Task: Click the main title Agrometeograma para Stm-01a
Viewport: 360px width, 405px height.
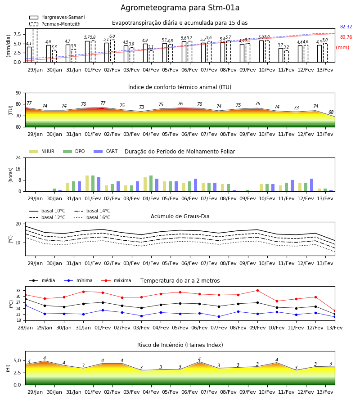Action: pyautogui.click(x=180, y=8)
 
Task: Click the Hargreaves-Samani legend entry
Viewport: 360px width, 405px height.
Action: pyautogui.click(x=57, y=17)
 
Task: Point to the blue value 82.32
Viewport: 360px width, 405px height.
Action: pyautogui.click(x=346, y=27)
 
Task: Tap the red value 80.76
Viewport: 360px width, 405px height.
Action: pyautogui.click(x=346, y=37)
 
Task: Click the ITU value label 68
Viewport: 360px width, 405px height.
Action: pyautogui.click(x=331, y=112)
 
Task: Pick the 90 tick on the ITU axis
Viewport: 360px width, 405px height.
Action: pyautogui.click(x=18, y=93)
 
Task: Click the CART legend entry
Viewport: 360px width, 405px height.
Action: pyautogui.click(x=105, y=151)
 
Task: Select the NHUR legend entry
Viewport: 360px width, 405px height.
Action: pyautogui.click(x=42, y=151)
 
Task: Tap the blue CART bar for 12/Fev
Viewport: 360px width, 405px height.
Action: pyautogui.click(x=312, y=185)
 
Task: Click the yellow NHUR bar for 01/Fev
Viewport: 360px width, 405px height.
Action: pyautogui.click(x=87, y=184)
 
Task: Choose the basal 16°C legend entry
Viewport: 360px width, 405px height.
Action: pyautogui.click(x=92, y=217)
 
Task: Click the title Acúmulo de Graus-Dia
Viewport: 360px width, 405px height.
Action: pyautogui.click(x=180, y=216)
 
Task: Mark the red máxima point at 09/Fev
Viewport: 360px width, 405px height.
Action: pyautogui.click(x=257, y=291)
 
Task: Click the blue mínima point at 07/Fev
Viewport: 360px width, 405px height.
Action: pyautogui.click(x=219, y=317)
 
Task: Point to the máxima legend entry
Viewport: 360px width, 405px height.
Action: pyautogui.click(x=116, y=280)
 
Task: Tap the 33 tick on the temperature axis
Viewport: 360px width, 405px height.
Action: pyautogui.click(x=18, y=291)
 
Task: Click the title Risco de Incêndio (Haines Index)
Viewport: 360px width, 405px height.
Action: pyautogui.click(x=180, y=345)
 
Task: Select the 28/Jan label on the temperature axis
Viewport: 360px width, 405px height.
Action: pyautogui.click(x=25, y=328)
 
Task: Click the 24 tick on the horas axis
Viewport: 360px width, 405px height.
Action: pyautogui.click(x=18, y=158)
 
